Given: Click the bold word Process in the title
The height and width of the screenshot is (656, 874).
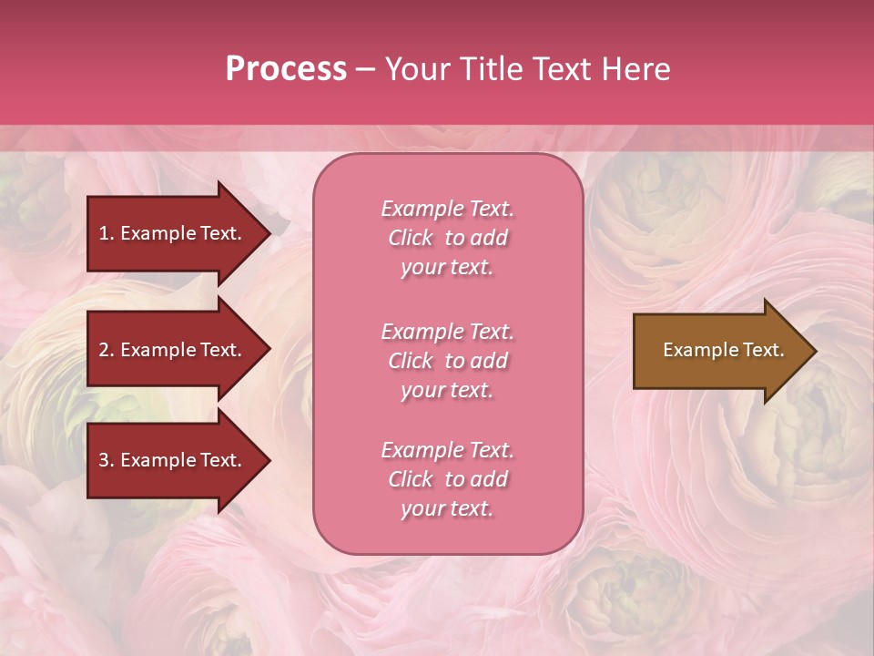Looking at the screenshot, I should [286, 69].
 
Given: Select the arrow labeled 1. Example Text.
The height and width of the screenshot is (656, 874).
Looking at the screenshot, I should [173, 233].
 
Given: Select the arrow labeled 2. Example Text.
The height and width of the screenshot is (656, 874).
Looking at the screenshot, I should [173, 350].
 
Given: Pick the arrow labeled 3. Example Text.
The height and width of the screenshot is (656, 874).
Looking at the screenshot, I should [173, 460].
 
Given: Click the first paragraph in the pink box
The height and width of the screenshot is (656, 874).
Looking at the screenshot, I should [447, 238].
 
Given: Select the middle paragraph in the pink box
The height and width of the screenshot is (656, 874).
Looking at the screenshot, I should [447, 361].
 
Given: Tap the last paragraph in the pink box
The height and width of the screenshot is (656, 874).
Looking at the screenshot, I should [447, 479].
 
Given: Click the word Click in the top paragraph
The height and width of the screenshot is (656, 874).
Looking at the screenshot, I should [411, 238].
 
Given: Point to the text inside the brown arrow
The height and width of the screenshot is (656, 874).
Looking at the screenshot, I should [723, 350].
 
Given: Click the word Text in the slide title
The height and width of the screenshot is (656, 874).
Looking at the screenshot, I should [559, 69].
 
